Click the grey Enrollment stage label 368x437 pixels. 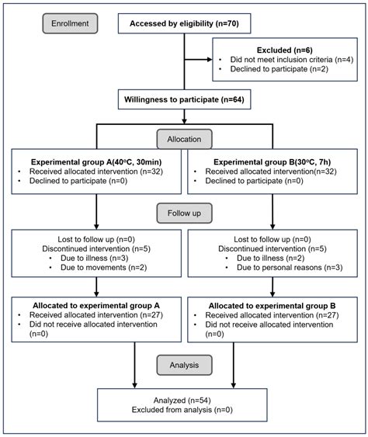[x=70, y=23]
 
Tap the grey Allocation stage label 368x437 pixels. [x=184, y=139]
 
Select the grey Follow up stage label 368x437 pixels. [x=184, y=213]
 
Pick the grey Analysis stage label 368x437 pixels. [x=184, y=365]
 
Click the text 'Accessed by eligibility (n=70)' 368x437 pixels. [x=184, y=23]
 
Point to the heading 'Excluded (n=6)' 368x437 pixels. [x=285, y=50]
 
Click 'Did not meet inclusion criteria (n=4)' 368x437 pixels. [x=292, y=60]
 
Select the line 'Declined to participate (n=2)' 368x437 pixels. [x=279, y=69]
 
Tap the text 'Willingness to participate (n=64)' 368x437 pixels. [x=184, y=99]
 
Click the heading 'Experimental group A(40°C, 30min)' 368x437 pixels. [x=96, y=162]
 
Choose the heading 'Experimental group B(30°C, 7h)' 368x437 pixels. [x=272, y=162]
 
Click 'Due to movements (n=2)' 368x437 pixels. [x=104, y=268]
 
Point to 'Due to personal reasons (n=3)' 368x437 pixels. [x=290, y=268]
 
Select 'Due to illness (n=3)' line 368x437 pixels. [x=95, y=258]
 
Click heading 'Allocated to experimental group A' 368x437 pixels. [x=96, y=306]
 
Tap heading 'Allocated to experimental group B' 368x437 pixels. [x=272, y=306]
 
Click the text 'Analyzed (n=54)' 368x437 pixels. [x=182, y=401]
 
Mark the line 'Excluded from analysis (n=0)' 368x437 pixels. [x=182, y=410]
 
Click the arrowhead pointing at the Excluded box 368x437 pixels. [x=210, y=59]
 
